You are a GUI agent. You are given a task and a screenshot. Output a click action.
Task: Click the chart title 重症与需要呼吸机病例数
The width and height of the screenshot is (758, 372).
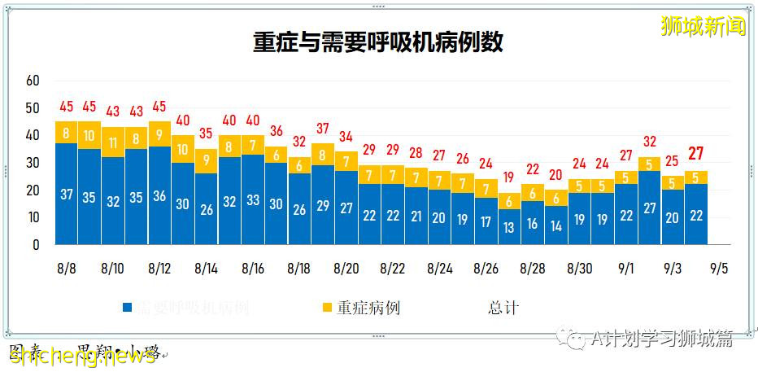378,42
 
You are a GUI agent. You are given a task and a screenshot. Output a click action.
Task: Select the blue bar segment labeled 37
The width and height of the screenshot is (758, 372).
67,194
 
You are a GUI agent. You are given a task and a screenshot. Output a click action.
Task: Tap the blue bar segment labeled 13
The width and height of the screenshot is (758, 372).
509,227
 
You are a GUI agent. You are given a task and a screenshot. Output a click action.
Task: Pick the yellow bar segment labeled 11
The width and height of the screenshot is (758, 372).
113,142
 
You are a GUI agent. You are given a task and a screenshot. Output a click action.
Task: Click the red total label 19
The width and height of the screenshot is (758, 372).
509,177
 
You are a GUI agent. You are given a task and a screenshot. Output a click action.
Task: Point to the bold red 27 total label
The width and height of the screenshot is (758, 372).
696,153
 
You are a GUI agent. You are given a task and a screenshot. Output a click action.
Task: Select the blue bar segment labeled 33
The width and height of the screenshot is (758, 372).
253,199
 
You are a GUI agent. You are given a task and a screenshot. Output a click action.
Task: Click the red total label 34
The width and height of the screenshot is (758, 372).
346,136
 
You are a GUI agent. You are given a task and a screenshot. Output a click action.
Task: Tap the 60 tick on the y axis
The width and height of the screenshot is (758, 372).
33,81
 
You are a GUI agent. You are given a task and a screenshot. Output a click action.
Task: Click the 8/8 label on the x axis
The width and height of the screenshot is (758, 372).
67,268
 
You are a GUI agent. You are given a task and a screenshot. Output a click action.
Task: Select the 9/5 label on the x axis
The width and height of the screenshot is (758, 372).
719,268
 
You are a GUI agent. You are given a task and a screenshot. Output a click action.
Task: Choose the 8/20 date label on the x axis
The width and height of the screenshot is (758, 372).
346,268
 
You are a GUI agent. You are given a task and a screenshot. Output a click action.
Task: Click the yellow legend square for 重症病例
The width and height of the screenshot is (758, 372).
327,308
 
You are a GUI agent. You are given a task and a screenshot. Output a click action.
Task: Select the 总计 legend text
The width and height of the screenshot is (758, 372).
503,308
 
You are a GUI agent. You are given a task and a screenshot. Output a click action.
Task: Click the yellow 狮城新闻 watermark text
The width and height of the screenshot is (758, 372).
704,25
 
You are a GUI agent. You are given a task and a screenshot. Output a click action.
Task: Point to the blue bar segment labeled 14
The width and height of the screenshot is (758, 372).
556,225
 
